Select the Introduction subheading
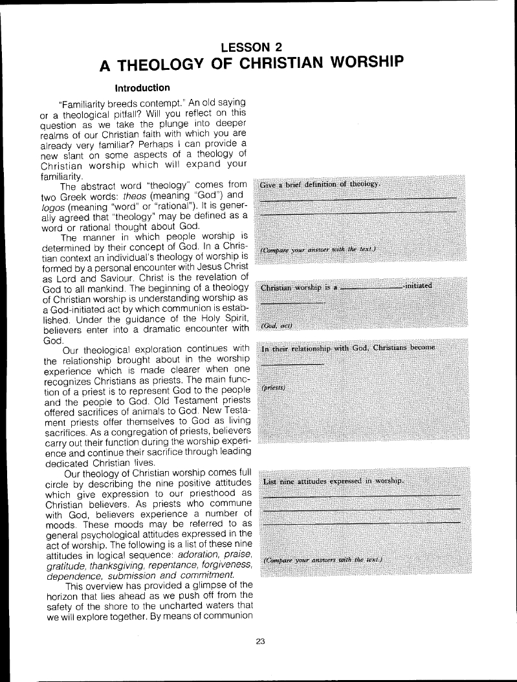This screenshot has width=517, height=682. tap(142, 87)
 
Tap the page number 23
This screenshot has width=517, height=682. tap(261, 641)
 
